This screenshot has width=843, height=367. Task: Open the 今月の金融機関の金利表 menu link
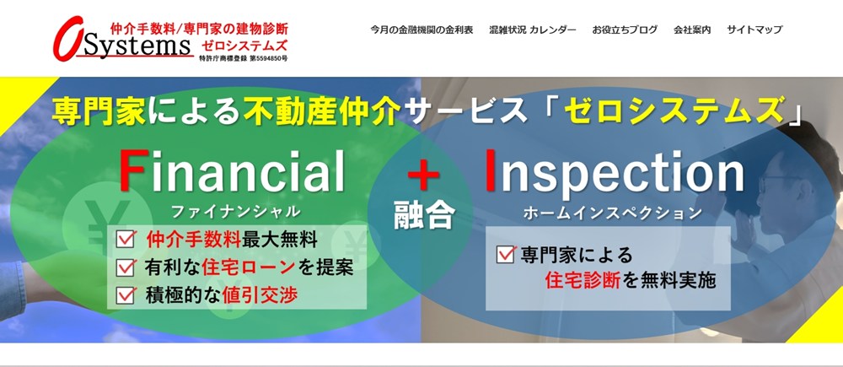point(421,30)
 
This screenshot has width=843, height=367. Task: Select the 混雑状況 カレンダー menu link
point(532,30)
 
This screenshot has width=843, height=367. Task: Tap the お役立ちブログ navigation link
point(624,30)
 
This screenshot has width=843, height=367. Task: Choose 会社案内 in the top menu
point(692,30)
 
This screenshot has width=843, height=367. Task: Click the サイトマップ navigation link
point(754,30)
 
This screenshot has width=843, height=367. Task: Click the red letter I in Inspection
point(491,170)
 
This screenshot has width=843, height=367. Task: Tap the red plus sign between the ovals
point(423,177)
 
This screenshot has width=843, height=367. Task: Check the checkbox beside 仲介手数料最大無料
point(125,240)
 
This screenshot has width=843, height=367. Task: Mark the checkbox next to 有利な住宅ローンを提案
point(125,267)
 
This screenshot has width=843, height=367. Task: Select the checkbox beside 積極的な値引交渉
point(125,295)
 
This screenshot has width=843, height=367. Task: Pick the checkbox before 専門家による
point(505,254)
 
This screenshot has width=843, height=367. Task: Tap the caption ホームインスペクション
point(612,213)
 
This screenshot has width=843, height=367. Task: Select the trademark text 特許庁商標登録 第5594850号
point(243,58)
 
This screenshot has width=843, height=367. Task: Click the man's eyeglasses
point(775,184)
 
